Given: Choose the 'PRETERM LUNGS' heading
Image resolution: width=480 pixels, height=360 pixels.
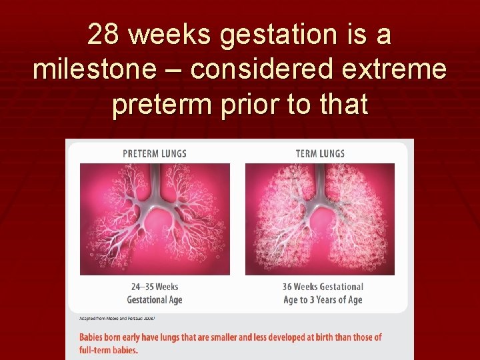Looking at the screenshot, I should point(155,153).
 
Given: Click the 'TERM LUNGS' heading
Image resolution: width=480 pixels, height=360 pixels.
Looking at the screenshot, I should point(320,153).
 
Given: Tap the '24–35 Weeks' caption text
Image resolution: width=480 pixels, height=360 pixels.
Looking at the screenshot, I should point(155,287).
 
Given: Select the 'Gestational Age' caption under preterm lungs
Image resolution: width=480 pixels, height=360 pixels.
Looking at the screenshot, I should point(155,300).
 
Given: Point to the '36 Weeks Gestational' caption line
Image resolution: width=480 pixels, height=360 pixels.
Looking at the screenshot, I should point(323,287).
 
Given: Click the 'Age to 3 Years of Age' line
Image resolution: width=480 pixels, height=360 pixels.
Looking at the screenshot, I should point(323,300).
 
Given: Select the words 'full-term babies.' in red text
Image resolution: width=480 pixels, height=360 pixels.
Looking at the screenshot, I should point(109,350).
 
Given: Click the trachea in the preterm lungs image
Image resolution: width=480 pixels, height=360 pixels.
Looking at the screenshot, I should point(155,180).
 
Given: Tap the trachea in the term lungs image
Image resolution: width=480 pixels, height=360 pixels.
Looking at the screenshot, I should point(321,180).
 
